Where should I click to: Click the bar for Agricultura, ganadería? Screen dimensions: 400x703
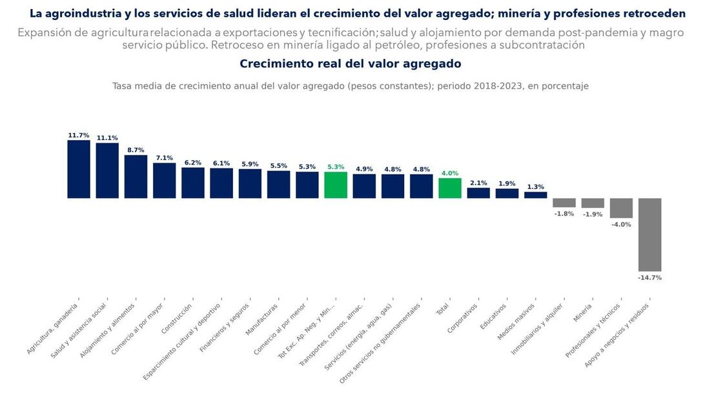click(79, 169)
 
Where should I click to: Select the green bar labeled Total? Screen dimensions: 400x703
click(450, 188)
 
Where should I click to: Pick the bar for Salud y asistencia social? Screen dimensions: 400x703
click(107, 170)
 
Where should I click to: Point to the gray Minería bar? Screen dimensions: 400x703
click(593, 203)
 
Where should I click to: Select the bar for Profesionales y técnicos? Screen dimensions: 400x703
click(621, 208)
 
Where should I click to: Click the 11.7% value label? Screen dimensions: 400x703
click(79, 135)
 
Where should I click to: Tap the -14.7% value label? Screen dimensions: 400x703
click(649, 277)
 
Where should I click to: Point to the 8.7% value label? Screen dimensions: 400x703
click(136, 150)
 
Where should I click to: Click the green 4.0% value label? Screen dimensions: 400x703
click(450, 173)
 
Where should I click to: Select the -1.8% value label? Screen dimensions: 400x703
click(564, 214)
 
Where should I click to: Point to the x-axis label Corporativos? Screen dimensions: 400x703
click(463, 318)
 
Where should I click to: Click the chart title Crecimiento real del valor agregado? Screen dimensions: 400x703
click(351, 64)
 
